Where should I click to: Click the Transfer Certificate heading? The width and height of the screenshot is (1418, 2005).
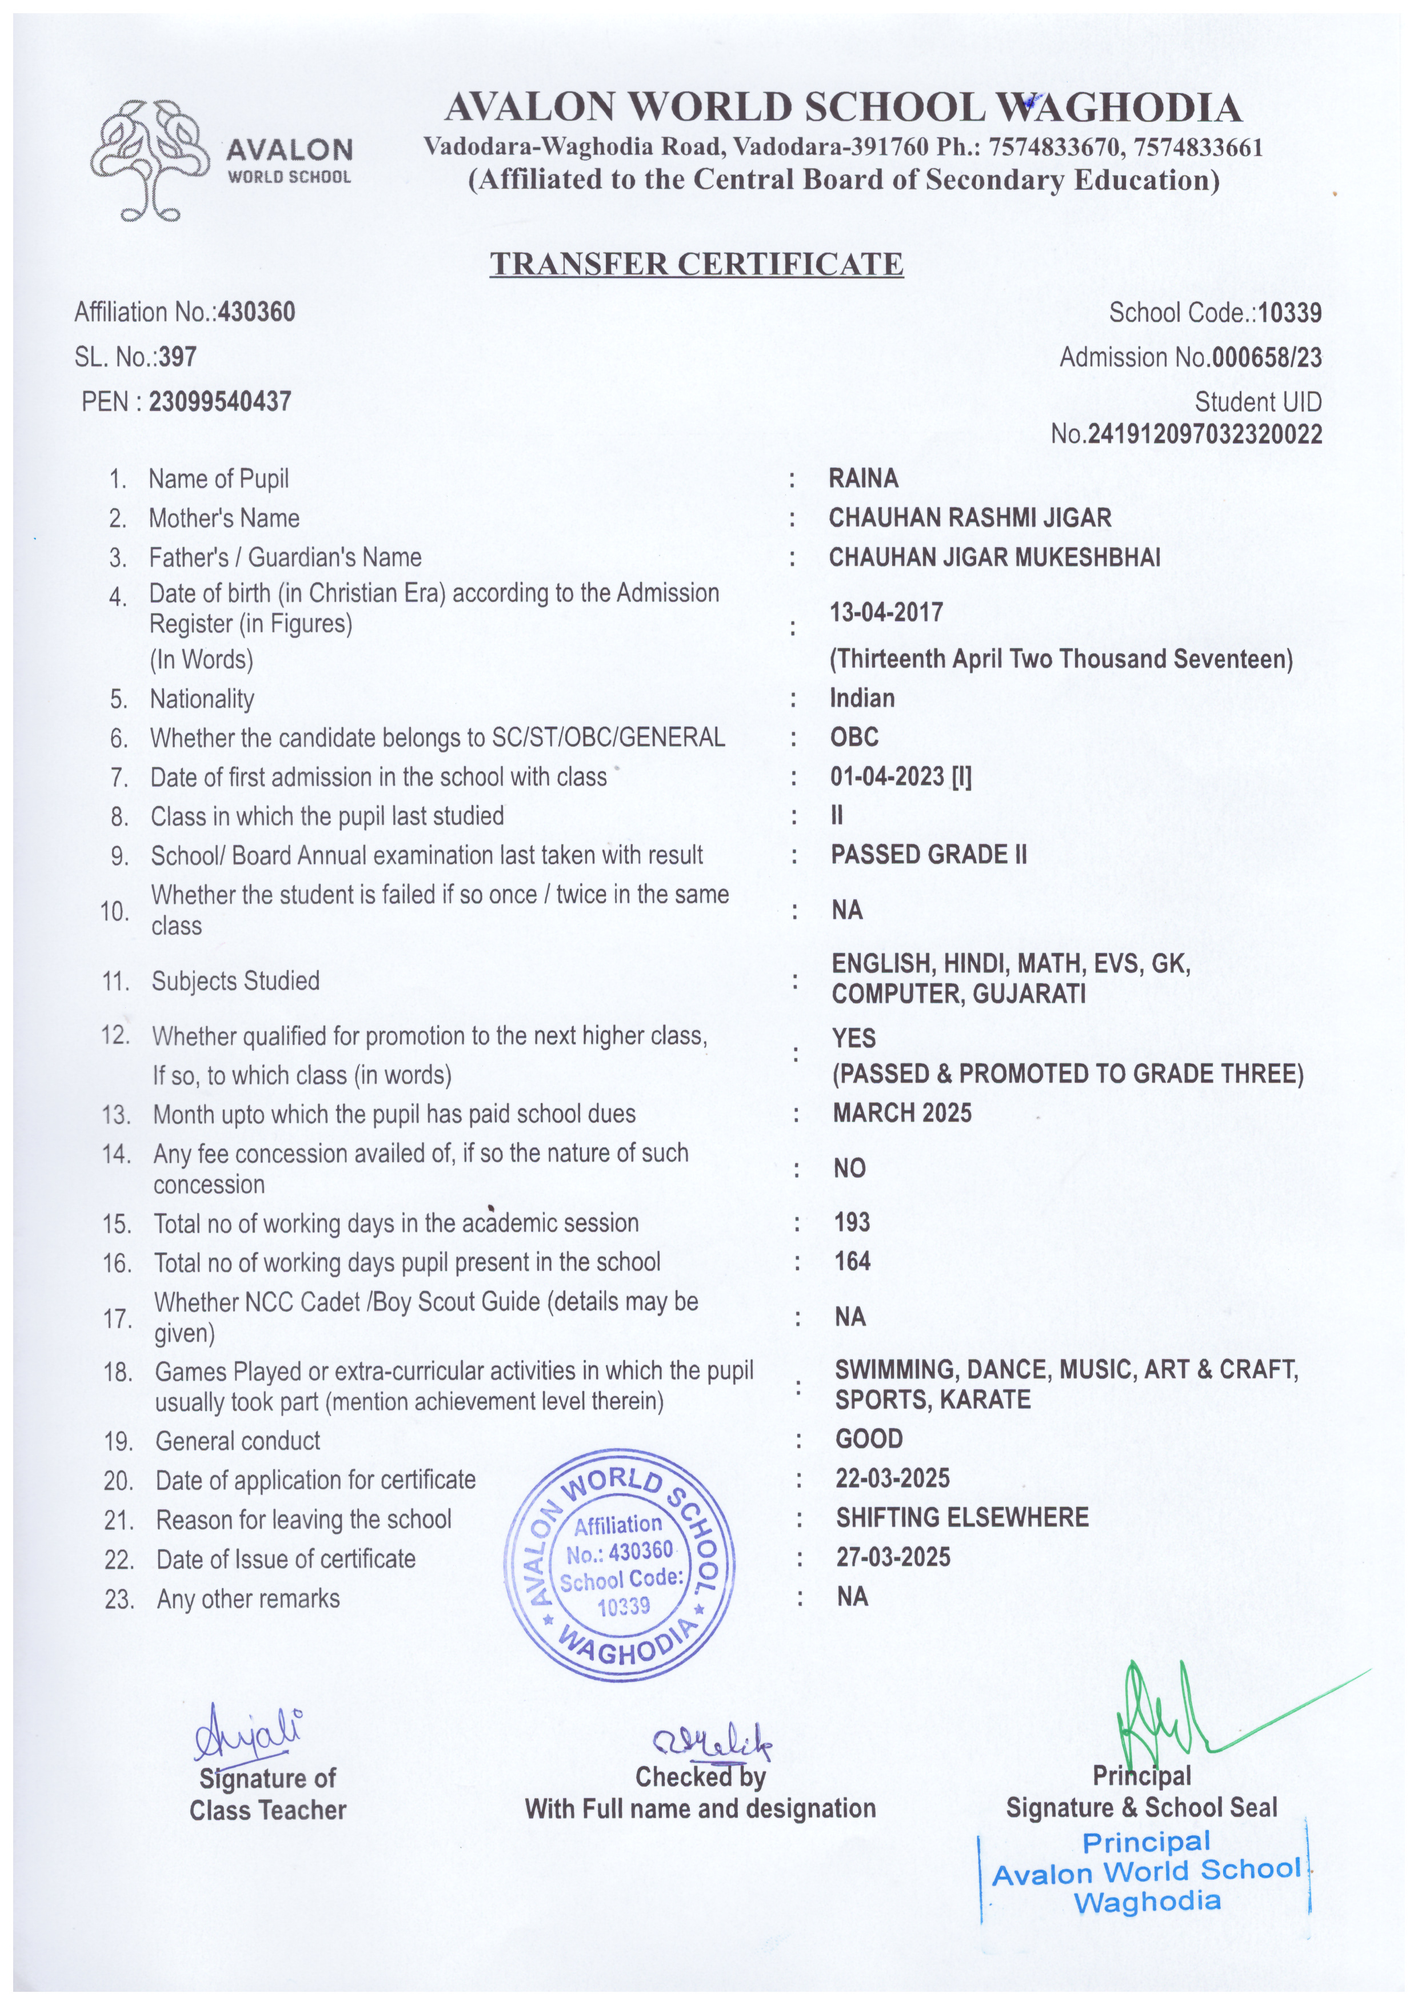pos(696,263)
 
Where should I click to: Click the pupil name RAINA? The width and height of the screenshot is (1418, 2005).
pos(862,478)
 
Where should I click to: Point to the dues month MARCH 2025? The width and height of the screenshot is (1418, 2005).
pos(902,1113)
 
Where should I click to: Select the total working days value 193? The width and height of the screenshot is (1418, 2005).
pos(852,1222)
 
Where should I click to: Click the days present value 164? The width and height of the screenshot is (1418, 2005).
pos(852,1261)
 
